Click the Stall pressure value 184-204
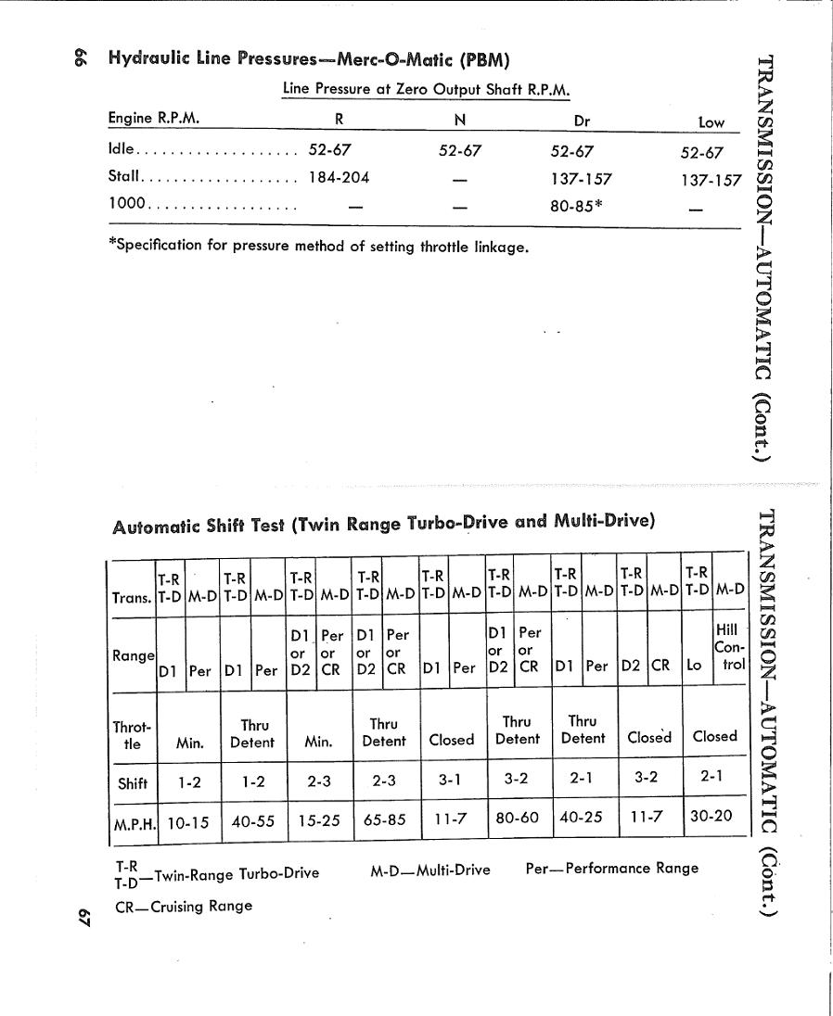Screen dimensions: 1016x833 click(x=340, y=177)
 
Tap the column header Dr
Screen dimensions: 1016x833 click(x=583, y=120)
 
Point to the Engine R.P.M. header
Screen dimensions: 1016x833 click(x=154, y=119)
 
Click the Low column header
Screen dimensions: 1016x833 click(x=711, y=121)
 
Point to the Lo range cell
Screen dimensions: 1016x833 click(x=694, y=665)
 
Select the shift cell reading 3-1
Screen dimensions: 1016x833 click(x=451, y=780)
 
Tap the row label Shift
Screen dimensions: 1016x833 click(x=133, y=782)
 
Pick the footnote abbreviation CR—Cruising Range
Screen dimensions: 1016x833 click(x=184, y=907)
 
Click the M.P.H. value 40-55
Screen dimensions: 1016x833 click(x=253, y=822)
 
